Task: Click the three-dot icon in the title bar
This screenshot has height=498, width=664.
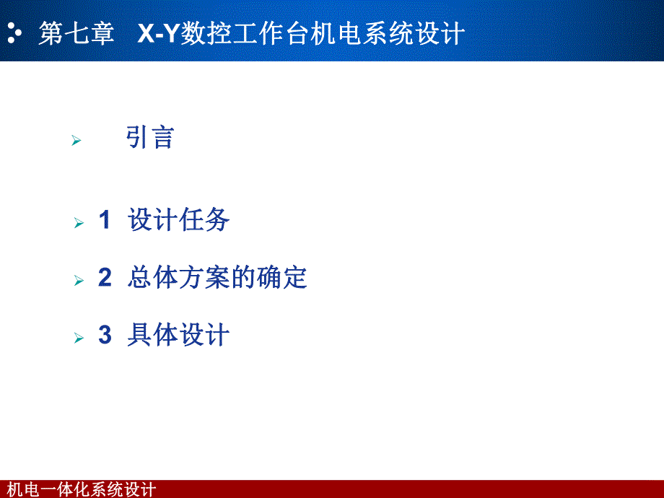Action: (14, 33)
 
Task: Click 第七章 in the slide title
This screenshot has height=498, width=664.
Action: (77, 34)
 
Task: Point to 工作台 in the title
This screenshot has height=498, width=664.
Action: (271, 34)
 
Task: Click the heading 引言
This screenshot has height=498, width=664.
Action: (150, 137)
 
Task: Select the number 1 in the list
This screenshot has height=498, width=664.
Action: (105, 220)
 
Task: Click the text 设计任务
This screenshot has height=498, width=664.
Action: (179, 220)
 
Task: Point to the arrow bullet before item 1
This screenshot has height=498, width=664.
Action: (79, 224)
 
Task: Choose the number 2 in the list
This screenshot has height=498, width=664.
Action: (105, 278)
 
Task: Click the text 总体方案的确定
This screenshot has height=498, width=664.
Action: (217, 278)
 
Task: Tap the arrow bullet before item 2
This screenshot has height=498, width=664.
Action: (79, 281)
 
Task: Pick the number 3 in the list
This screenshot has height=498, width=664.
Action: (105, 336)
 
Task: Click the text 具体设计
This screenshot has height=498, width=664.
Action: (178, 336)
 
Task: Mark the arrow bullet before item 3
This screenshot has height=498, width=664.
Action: (79, 338)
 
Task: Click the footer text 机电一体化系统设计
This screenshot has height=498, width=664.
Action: (80, 490)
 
